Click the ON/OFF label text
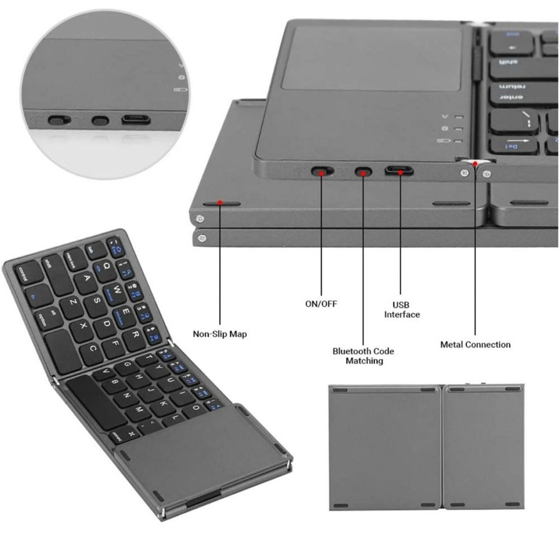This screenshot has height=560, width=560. pos(320,304)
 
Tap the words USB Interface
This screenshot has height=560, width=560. pos(401,310)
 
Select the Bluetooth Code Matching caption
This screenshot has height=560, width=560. pos(363,356)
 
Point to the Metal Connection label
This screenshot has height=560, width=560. pos(475,345)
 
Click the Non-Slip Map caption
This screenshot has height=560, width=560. pos(220,334)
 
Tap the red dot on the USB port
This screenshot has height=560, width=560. pos(400,172)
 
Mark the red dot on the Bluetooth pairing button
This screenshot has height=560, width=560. pos(363,172)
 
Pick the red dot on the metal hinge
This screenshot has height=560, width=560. pos(475,162)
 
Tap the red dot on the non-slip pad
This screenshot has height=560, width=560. pos(220,202)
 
